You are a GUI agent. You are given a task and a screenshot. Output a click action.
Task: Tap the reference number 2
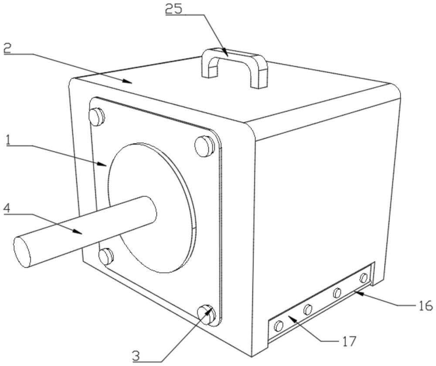(7, 48)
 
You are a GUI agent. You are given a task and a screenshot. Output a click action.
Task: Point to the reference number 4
(7, 208)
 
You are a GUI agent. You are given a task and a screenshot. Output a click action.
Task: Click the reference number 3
(136, 356)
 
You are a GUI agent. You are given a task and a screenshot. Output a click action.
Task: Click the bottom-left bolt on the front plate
(106, 256)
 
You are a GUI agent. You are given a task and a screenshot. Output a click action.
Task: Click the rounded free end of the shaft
(23, 251)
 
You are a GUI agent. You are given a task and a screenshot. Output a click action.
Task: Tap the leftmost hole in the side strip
(279, 325)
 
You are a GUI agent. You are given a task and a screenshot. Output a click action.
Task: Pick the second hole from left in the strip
(308, 309)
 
